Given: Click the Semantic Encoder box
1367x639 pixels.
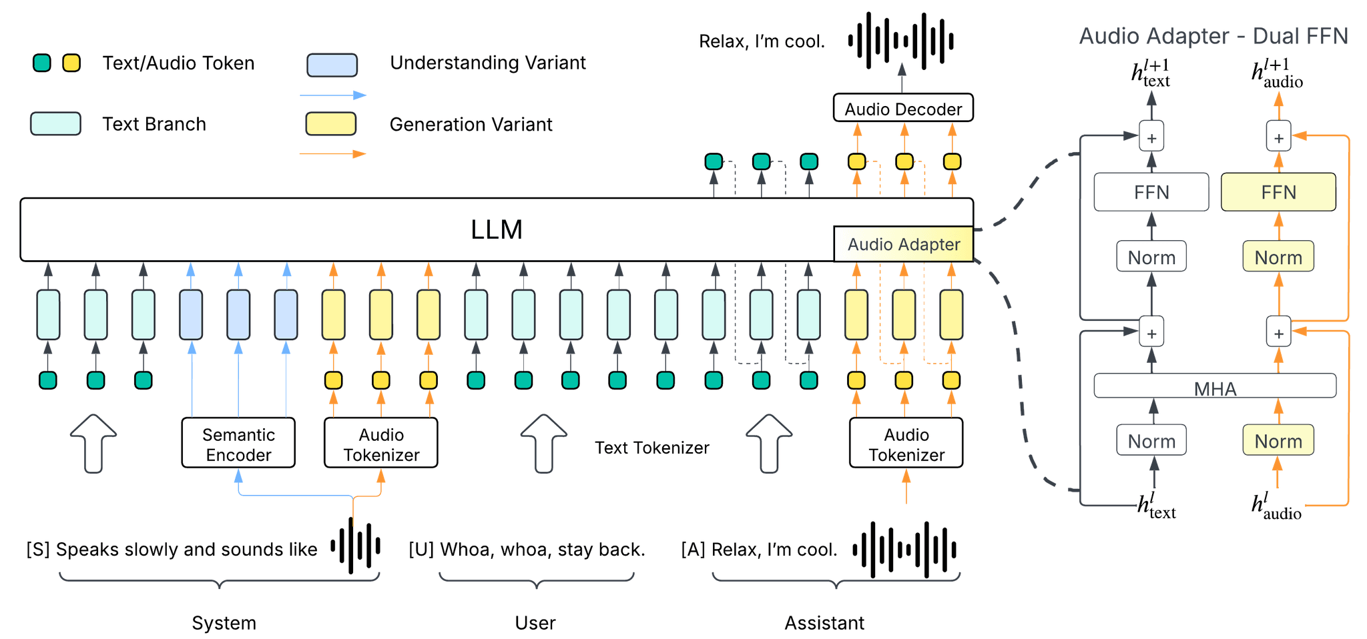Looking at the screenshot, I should point(238,444).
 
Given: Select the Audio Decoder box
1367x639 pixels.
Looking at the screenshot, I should point(903,109).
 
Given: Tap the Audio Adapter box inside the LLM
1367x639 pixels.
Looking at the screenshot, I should point(903,245).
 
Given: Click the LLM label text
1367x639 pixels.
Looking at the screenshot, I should point(496,229).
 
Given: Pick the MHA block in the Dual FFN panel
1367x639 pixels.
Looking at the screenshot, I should point(1214,387).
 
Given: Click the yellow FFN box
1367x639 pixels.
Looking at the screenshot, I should point(1278,193).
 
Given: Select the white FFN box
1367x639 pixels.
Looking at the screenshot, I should point(1151,193).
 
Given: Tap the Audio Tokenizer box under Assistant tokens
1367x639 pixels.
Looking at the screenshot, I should point(906,444).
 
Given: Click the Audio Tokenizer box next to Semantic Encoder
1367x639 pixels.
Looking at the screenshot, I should point(380,444).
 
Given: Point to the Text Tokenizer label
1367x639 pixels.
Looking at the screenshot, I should point(651,448).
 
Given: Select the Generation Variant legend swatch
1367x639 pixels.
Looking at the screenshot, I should point(330,124).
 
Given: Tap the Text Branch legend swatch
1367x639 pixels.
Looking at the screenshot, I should point(55,124).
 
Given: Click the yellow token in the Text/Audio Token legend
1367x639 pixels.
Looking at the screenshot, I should point(71,63).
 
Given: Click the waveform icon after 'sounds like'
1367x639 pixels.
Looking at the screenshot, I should point(356,546).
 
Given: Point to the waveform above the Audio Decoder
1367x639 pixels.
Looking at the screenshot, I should point(900,41).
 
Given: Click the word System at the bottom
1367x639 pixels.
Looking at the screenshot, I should point(224,622).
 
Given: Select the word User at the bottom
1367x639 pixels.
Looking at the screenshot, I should point(535,622).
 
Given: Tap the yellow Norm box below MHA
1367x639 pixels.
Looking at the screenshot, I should point(1278,441).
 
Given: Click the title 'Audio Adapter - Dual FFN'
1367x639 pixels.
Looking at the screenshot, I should point(1213,36).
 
